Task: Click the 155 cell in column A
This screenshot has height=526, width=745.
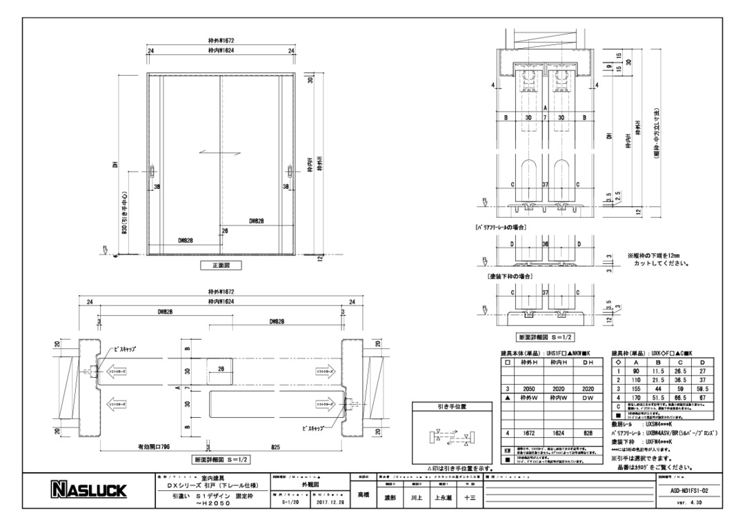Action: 635,388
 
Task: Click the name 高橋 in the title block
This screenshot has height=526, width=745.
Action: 363,494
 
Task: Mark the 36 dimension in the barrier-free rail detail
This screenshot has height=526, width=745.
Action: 545,243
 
